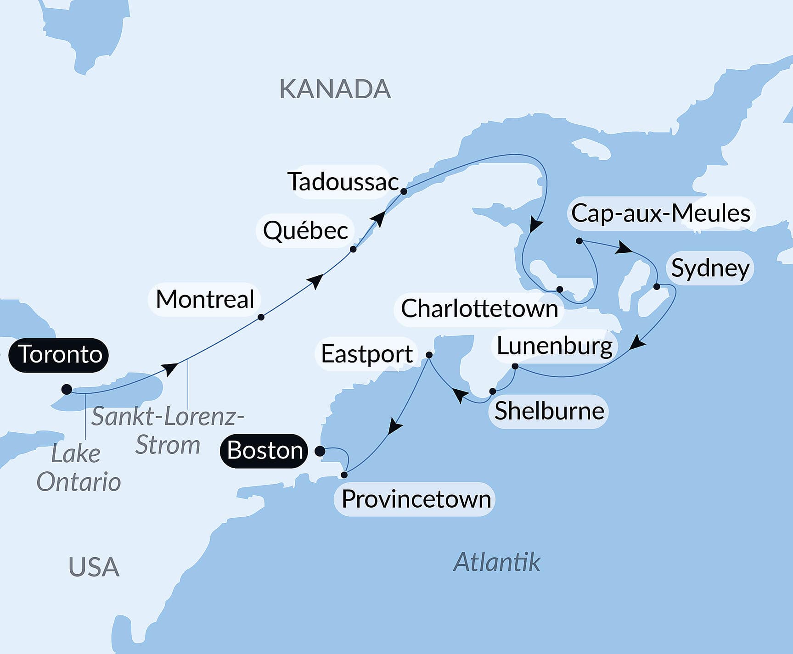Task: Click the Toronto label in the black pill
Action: [59, 355]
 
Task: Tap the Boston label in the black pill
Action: [264, 451]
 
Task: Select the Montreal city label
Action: [205, 300]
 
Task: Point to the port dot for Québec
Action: [353, 249]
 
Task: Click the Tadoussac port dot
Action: [404, 191]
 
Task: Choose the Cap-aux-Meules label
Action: [660, 213]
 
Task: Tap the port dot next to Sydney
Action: [657, 286]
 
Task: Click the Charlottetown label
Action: [479, 308]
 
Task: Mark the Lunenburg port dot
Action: [515, 366]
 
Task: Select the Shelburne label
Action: [549, 411]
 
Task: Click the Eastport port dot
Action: [429, 355]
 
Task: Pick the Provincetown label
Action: [416, 499]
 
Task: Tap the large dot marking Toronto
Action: [67, 390]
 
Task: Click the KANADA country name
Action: [335, 89]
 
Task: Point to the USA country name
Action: [94, 567]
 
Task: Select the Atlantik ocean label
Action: [497, 562]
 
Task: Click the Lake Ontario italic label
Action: [78, 468]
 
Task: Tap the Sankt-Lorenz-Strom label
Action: [168, 430]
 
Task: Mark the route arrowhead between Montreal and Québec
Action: [316, 280]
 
